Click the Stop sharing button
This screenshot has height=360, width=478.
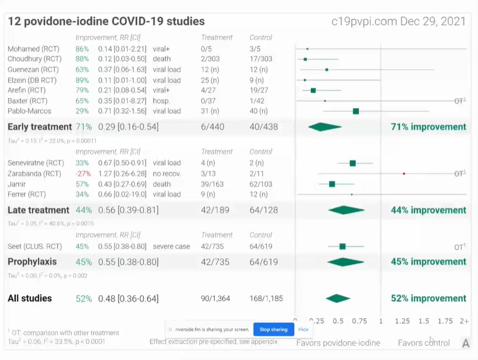pyautogui.click(x=273, y=329)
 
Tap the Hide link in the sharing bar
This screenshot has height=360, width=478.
pyautogui.click(x=303, y=329)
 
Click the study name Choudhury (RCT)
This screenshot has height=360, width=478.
pyautogui.click(x=34, y=59)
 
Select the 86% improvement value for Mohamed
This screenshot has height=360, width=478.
pyautogui.click(x=82, y=48)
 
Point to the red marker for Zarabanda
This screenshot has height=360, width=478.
pyautogui.click(x=403, y=174)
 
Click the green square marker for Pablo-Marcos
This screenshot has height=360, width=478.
pyautogui.click(x=356, y=111)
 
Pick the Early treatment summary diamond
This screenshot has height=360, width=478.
pyautogui.click(x=324, y=127)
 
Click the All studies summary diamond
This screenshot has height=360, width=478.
pyautogui.click(x=338, y=299)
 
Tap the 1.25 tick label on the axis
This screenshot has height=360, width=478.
pyautogui.click(x=402, y=321)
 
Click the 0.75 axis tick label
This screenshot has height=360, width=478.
pyautogui.click(x=359, y=321)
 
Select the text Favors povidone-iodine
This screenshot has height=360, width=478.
pyautogui.click(x=338, y=343)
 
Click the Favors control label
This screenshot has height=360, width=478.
pyautogui.click(x=423, y=343)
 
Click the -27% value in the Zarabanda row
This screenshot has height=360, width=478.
pyautogui.click(x=82, y=174)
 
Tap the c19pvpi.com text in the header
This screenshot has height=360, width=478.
pyautogui.click(x=364, y=22)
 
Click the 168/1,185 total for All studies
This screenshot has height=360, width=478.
pyautogui.click(x=265, y=299)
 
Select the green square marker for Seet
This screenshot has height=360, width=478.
pyautogui.click(x=342, y=246)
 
